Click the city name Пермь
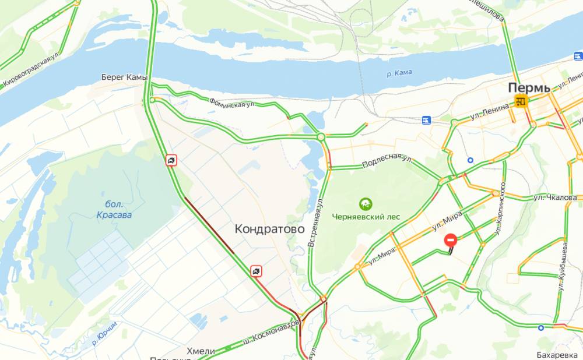coord(529,87)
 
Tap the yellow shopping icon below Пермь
coord(521,102)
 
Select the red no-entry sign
coord(451,239)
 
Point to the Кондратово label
coord(269,229)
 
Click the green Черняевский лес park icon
coord(366,204)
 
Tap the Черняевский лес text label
coord(366,216)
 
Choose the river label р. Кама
coord(399,72)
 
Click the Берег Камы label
coord(124,77)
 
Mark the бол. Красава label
coord(114,210)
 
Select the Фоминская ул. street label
coord(233,103)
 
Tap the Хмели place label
coord(201,351)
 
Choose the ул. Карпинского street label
coord(500,209)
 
